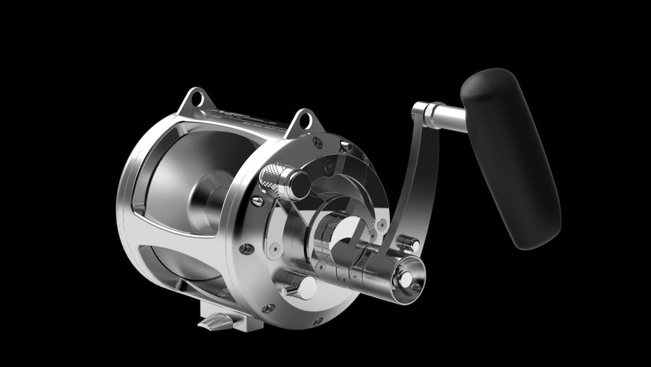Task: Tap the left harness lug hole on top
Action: click(193, 99)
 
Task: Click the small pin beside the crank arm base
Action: click(409, 242)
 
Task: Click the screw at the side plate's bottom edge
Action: click(317, 321)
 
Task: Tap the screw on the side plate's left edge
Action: click(245, 248)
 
